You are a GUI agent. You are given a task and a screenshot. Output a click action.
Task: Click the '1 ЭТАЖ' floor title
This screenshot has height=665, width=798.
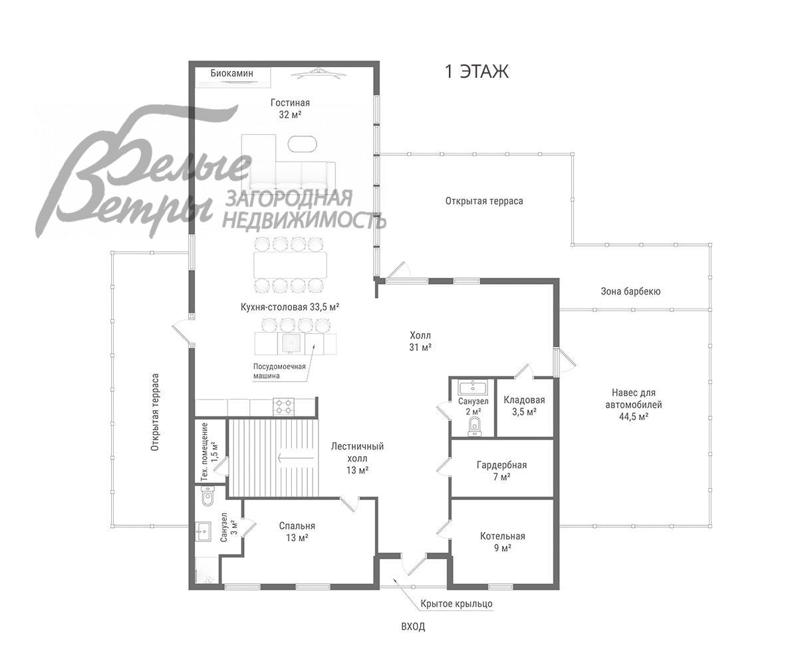pos(477,71)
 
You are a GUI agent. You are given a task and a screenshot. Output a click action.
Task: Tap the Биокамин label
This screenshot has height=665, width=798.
pos(231,73)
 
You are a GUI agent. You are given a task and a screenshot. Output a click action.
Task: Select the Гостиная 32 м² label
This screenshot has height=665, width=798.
pos(290,108)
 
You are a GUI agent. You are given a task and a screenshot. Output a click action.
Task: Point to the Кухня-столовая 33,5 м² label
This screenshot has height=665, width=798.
pos(290,307)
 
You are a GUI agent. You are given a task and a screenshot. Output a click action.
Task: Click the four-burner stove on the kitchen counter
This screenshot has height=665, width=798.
pos(283,406)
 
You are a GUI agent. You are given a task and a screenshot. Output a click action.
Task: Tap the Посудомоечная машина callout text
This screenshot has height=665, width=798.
pos(279,371)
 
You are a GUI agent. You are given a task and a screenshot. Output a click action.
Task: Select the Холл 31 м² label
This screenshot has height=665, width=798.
pos(420,341)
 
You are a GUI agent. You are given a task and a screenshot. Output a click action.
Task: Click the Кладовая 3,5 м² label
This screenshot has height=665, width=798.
pos(524,406)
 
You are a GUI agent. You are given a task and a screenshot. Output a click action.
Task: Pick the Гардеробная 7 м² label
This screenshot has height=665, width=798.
pos(501,470)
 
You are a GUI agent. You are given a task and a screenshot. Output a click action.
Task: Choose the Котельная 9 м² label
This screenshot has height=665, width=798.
pos(503,541)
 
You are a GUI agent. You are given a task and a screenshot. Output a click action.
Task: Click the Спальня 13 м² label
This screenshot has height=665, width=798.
pos(297,531)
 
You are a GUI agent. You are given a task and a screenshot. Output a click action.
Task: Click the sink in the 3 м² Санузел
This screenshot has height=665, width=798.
pos(203,531)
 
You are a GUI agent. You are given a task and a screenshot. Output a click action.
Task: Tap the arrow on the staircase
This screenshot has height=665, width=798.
pos(295,457)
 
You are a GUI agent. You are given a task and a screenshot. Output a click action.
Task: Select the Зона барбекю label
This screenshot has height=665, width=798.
pos(630,291)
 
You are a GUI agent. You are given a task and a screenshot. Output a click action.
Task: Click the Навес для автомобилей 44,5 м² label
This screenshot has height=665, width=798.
pos(633,404)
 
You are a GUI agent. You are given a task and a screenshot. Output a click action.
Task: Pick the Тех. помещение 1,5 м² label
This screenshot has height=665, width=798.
pos(209,452)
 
